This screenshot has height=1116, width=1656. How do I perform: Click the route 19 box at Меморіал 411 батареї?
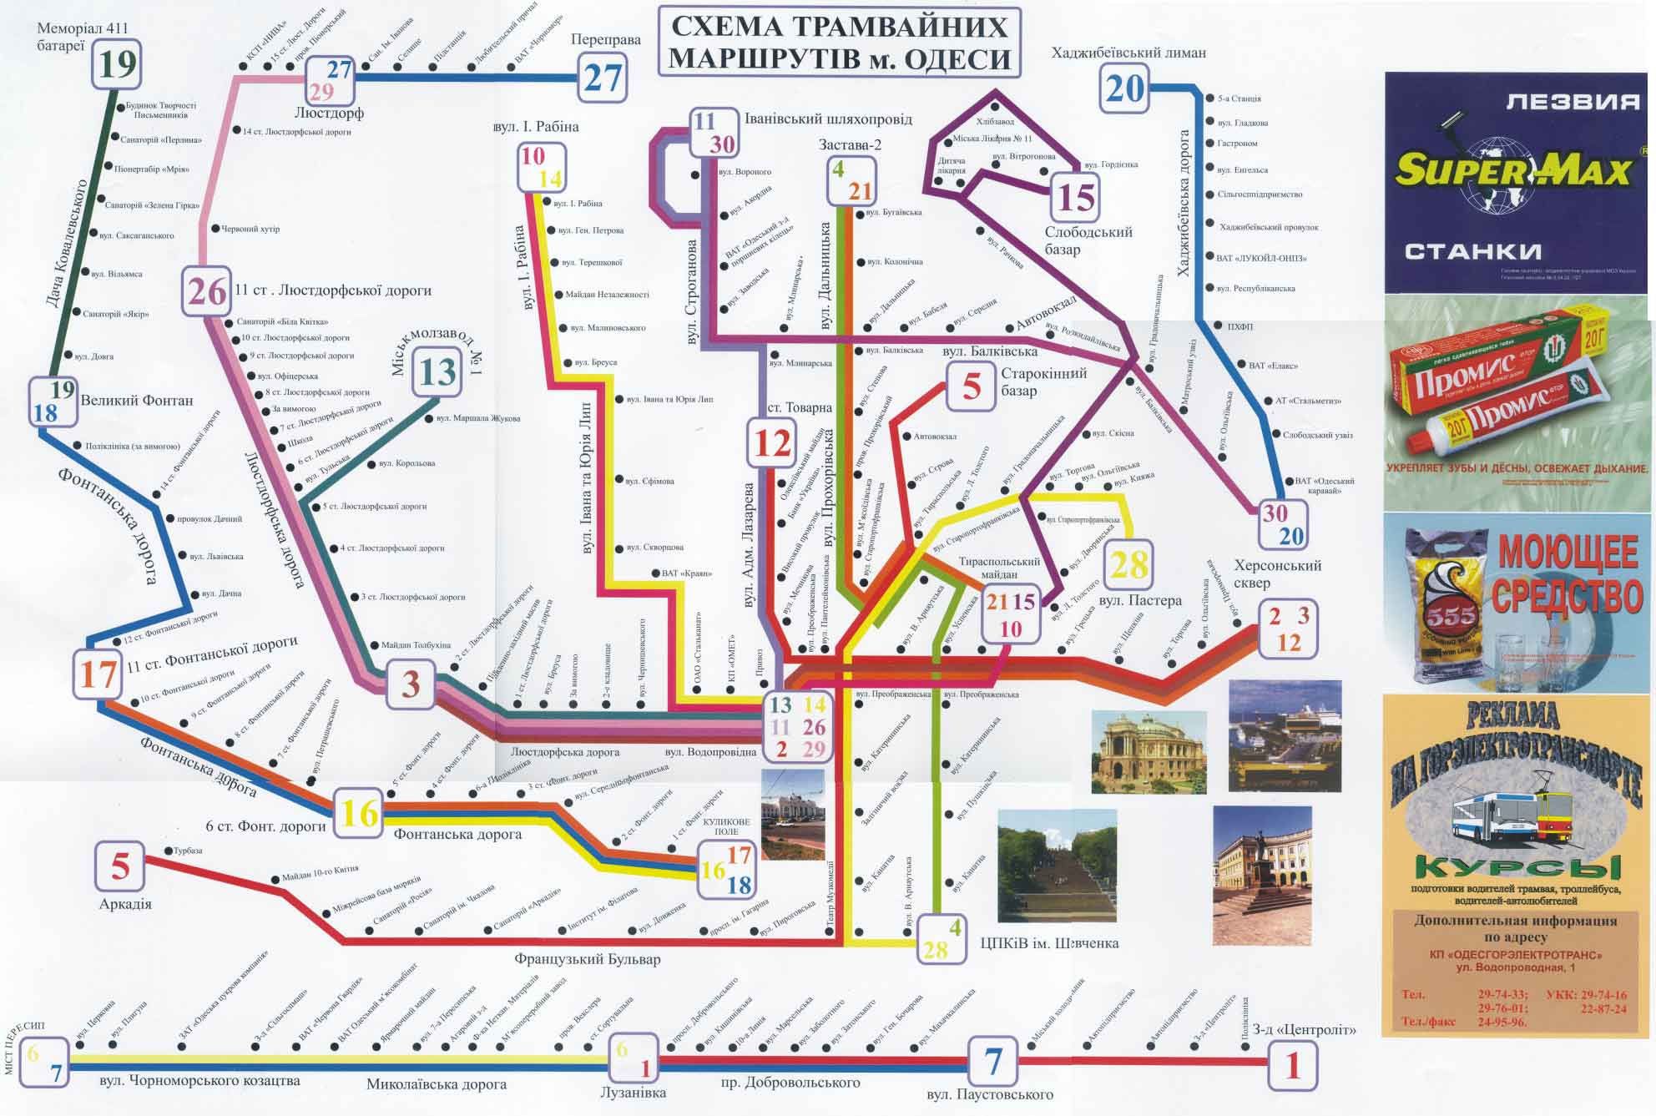tap(117, 63)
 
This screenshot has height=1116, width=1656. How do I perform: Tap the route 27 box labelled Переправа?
tap(603, 78)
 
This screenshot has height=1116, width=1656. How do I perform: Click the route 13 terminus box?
tap(437, 372)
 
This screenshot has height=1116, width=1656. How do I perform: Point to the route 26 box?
tap(207, 291)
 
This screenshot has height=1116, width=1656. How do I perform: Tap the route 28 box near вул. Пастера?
tap(1130, 566)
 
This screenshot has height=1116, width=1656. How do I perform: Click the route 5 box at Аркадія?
tap(120, 866)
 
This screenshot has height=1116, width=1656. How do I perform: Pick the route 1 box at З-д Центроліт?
tap(1293, 1065)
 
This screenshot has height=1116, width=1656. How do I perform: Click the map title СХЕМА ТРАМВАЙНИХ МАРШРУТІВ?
tap(839, 43)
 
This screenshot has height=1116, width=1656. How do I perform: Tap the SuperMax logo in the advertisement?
tap(1512, 172)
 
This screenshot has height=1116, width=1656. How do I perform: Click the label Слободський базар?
tap(1088, 240)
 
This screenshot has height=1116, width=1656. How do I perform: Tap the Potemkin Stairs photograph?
tap(1057, 864)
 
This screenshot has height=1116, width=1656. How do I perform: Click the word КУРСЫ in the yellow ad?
tap(1517, 868)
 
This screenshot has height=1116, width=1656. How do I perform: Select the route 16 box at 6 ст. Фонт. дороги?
tap(360, 812)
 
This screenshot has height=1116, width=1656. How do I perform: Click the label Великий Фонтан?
tap(136, 401)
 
